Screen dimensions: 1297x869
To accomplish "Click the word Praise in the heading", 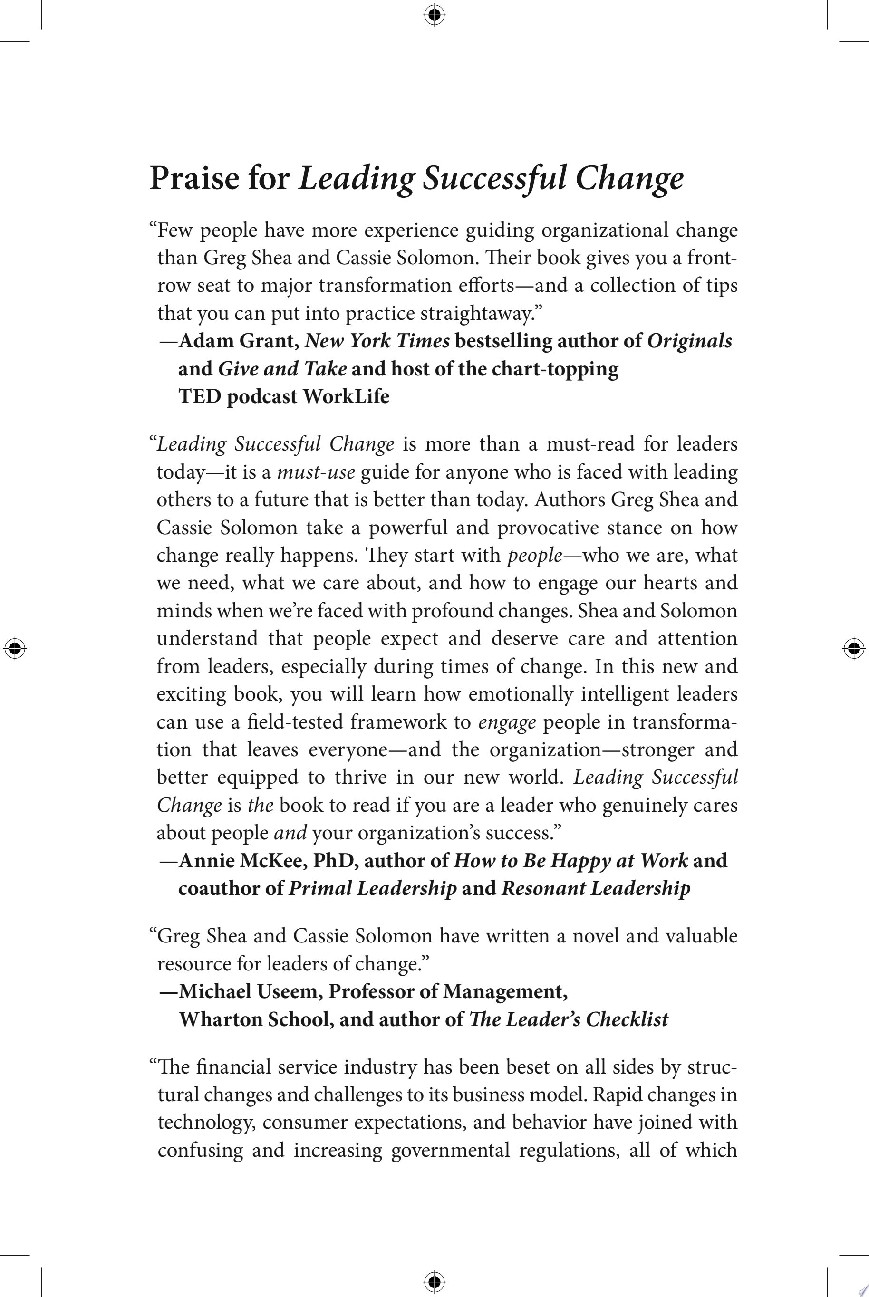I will click(194, 178).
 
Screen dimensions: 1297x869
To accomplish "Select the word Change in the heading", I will click(629, 178).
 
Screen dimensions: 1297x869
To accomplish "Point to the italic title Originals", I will click(689, 341).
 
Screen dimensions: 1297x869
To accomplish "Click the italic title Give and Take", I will click(283, 368).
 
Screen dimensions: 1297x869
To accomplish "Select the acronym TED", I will click(200, 396).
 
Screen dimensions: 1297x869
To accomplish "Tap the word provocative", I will click(548, 528).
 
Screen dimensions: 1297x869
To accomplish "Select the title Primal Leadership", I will click(372, 888).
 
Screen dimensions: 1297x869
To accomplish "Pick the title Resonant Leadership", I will click(596, 888).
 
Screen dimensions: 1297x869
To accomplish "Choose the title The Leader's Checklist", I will click(569, 1019).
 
